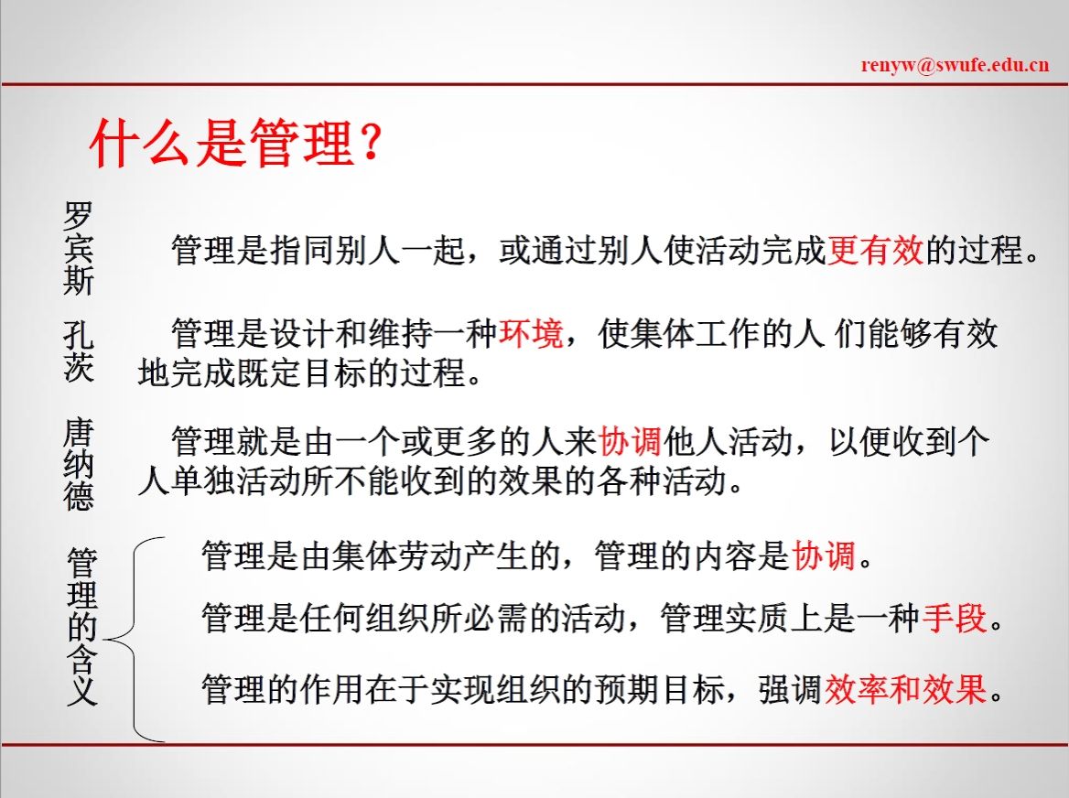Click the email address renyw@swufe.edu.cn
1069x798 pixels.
click(x=955, y=65)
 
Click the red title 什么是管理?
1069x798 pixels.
click(x=235, y=143)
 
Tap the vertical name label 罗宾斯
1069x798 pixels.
click(x=79, y=249)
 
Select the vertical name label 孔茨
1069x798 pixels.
click(x=79, y=351)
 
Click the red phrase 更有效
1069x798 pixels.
click(x=875, y=250)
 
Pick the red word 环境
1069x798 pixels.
click(x=531, y=333)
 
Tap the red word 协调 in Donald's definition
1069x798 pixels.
click(x=630, y=442)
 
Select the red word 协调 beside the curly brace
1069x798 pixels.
click(x=824, y=555)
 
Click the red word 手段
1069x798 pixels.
click(x=956, y=619)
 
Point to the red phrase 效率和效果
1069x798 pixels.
click(x=906, y=689)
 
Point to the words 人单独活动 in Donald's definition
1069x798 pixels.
click(x=219, y=481)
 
